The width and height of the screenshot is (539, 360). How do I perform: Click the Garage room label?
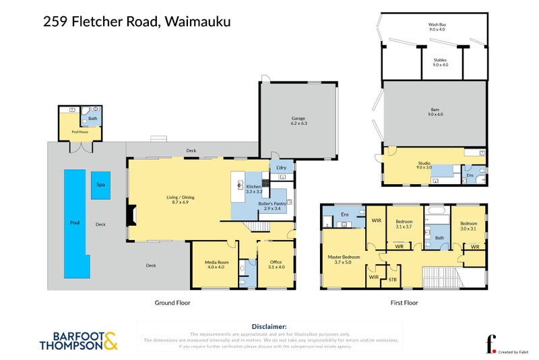298,120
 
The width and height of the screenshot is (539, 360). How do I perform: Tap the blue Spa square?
100,184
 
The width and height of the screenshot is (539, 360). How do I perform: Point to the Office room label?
276,264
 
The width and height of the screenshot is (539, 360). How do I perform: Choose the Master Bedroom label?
344,260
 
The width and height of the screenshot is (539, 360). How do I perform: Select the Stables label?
440,63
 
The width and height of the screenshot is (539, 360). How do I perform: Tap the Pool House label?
80,132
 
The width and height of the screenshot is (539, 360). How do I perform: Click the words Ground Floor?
172,303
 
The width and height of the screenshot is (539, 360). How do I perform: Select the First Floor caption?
404,303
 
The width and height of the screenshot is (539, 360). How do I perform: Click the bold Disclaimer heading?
269,326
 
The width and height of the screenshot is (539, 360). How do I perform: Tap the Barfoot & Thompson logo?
78,340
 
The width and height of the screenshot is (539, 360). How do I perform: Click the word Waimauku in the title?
196,22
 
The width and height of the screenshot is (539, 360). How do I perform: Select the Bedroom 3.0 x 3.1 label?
468,226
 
